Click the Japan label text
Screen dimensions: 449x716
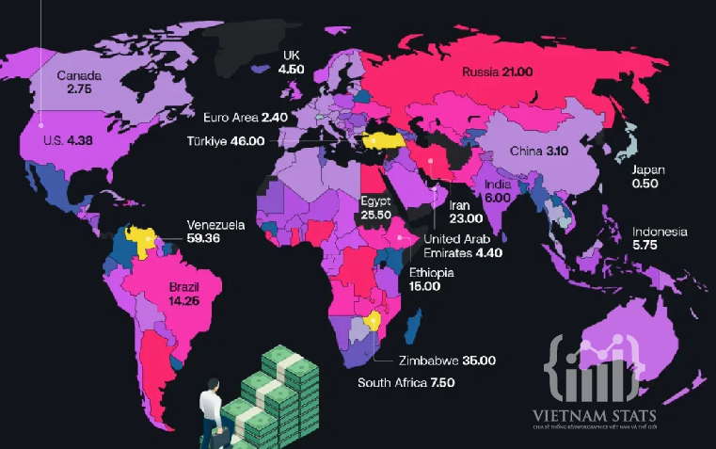pyautogui.click(x=648, y=170)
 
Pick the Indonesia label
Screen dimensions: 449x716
pyautogui.click(x=660, y=233)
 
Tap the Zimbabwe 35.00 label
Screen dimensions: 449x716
pyautogui.click(x=435, y=360)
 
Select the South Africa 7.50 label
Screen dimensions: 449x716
pyautogui.click(x=406, y=382)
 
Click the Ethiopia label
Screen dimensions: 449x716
pyautogui.click(x=432, y=273)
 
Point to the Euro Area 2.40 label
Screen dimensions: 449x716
pyautogui.click(x=246, y=118)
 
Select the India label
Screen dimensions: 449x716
pyautogui.click(x=498, y=185)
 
